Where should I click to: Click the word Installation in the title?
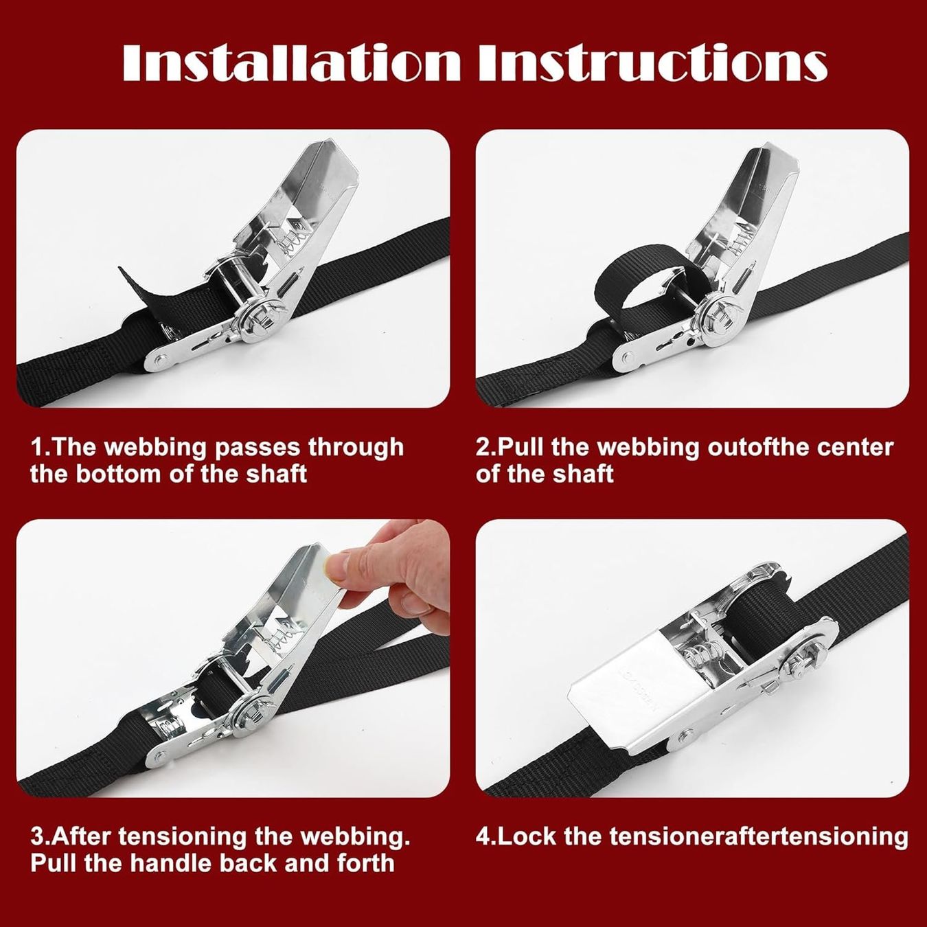point(292,63)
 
